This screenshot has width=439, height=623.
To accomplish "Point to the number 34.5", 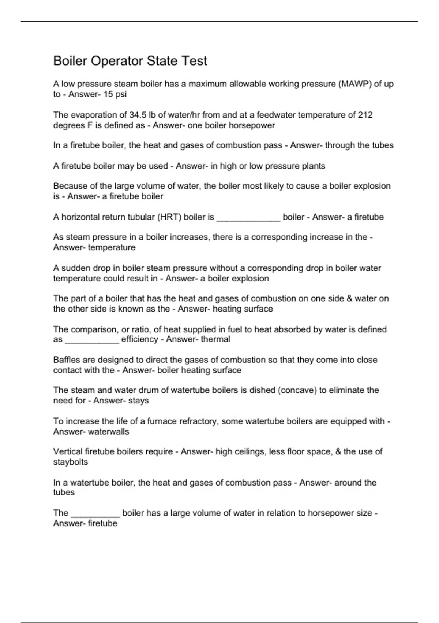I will click(138, 115).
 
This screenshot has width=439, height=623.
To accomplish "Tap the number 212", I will click(365, 115).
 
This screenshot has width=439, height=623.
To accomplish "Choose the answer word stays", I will click(139, 401).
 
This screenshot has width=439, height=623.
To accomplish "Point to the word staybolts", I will click(71, 462).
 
